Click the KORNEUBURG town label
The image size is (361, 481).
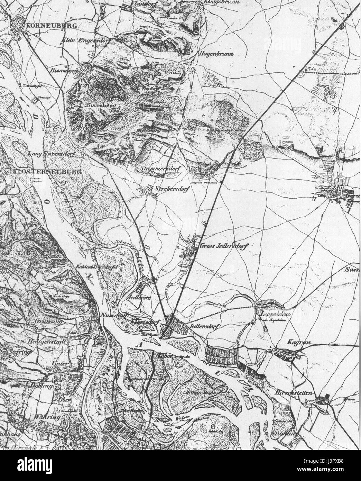click(x=40, y=26)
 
